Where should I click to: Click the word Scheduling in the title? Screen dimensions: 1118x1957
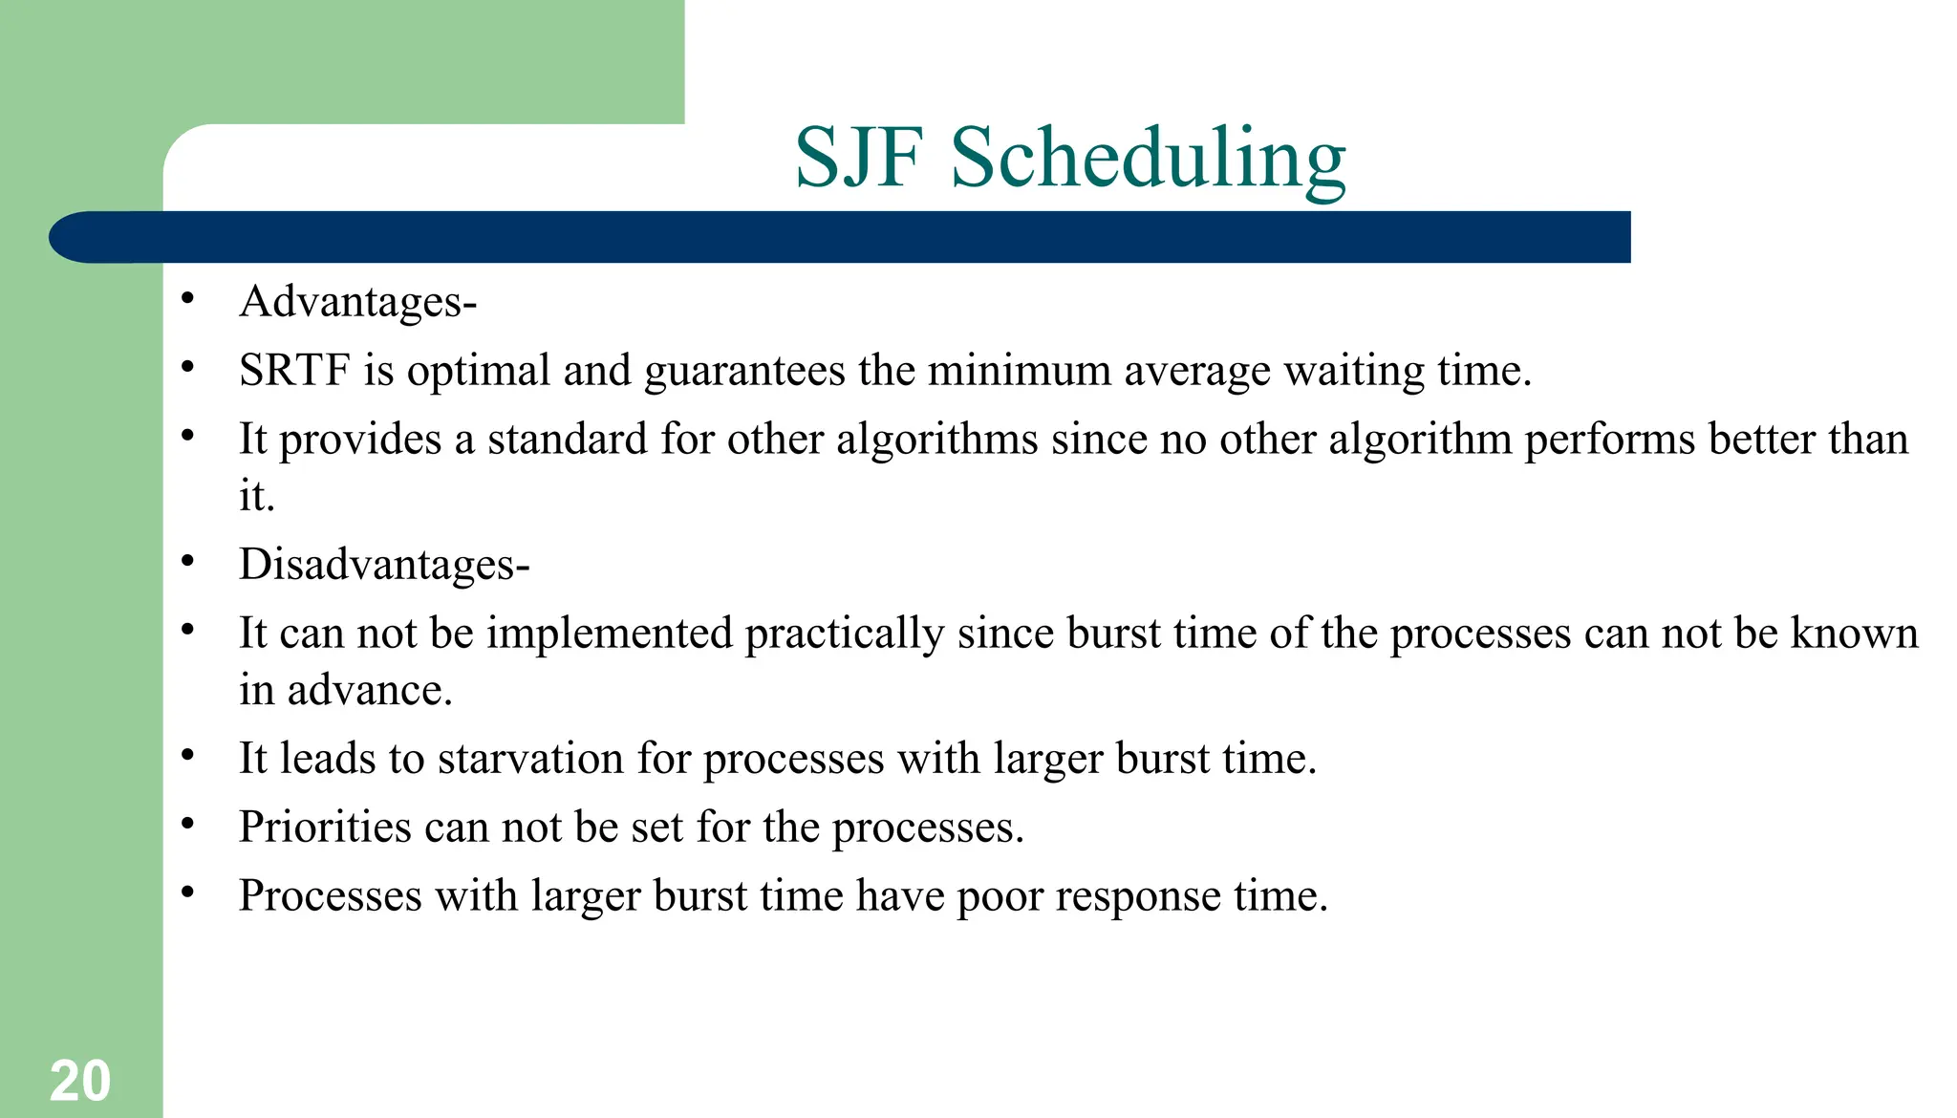1148,160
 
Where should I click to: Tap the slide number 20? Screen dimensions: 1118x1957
80,1081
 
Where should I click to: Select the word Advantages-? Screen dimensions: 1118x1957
357,302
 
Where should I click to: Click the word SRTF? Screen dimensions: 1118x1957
294,371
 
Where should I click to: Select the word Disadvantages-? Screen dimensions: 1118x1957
383,565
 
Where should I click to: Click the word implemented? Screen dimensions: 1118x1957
609,634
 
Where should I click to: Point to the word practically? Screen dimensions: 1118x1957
845,634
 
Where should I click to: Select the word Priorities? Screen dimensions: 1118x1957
325,828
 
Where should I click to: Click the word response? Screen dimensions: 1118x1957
1137,897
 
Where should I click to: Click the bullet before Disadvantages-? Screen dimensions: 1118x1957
187,562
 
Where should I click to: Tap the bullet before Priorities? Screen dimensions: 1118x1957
187,824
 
